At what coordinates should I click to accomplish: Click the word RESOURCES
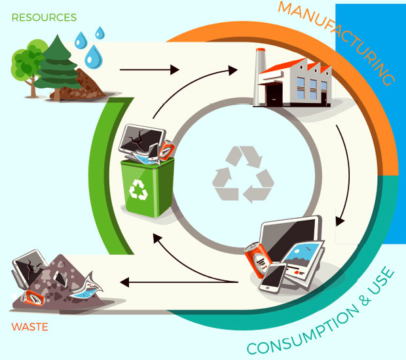coord(44,18)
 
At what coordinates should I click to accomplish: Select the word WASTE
coord(29,326)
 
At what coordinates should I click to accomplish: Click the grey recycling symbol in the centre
coord(242,174)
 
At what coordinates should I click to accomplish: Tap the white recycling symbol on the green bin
coord(140,189)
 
